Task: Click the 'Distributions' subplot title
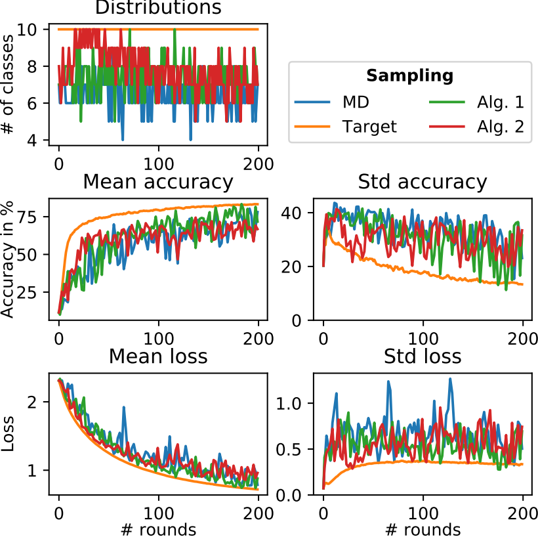pos(158,8)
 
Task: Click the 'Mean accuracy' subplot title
pos(158,182)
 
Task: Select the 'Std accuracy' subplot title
pos(423,182)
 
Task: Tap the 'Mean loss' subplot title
pos(158,356)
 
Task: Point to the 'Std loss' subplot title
pos(423,356)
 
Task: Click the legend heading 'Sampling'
pos(409,76)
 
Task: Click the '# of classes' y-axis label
pos(9,84)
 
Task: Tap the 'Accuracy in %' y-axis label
pos(9,258)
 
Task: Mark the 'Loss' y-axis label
pos(9,433)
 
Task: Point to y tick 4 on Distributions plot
pos(41,140)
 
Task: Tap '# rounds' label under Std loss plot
pos(423,529)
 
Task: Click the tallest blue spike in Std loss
pos(450,379)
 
